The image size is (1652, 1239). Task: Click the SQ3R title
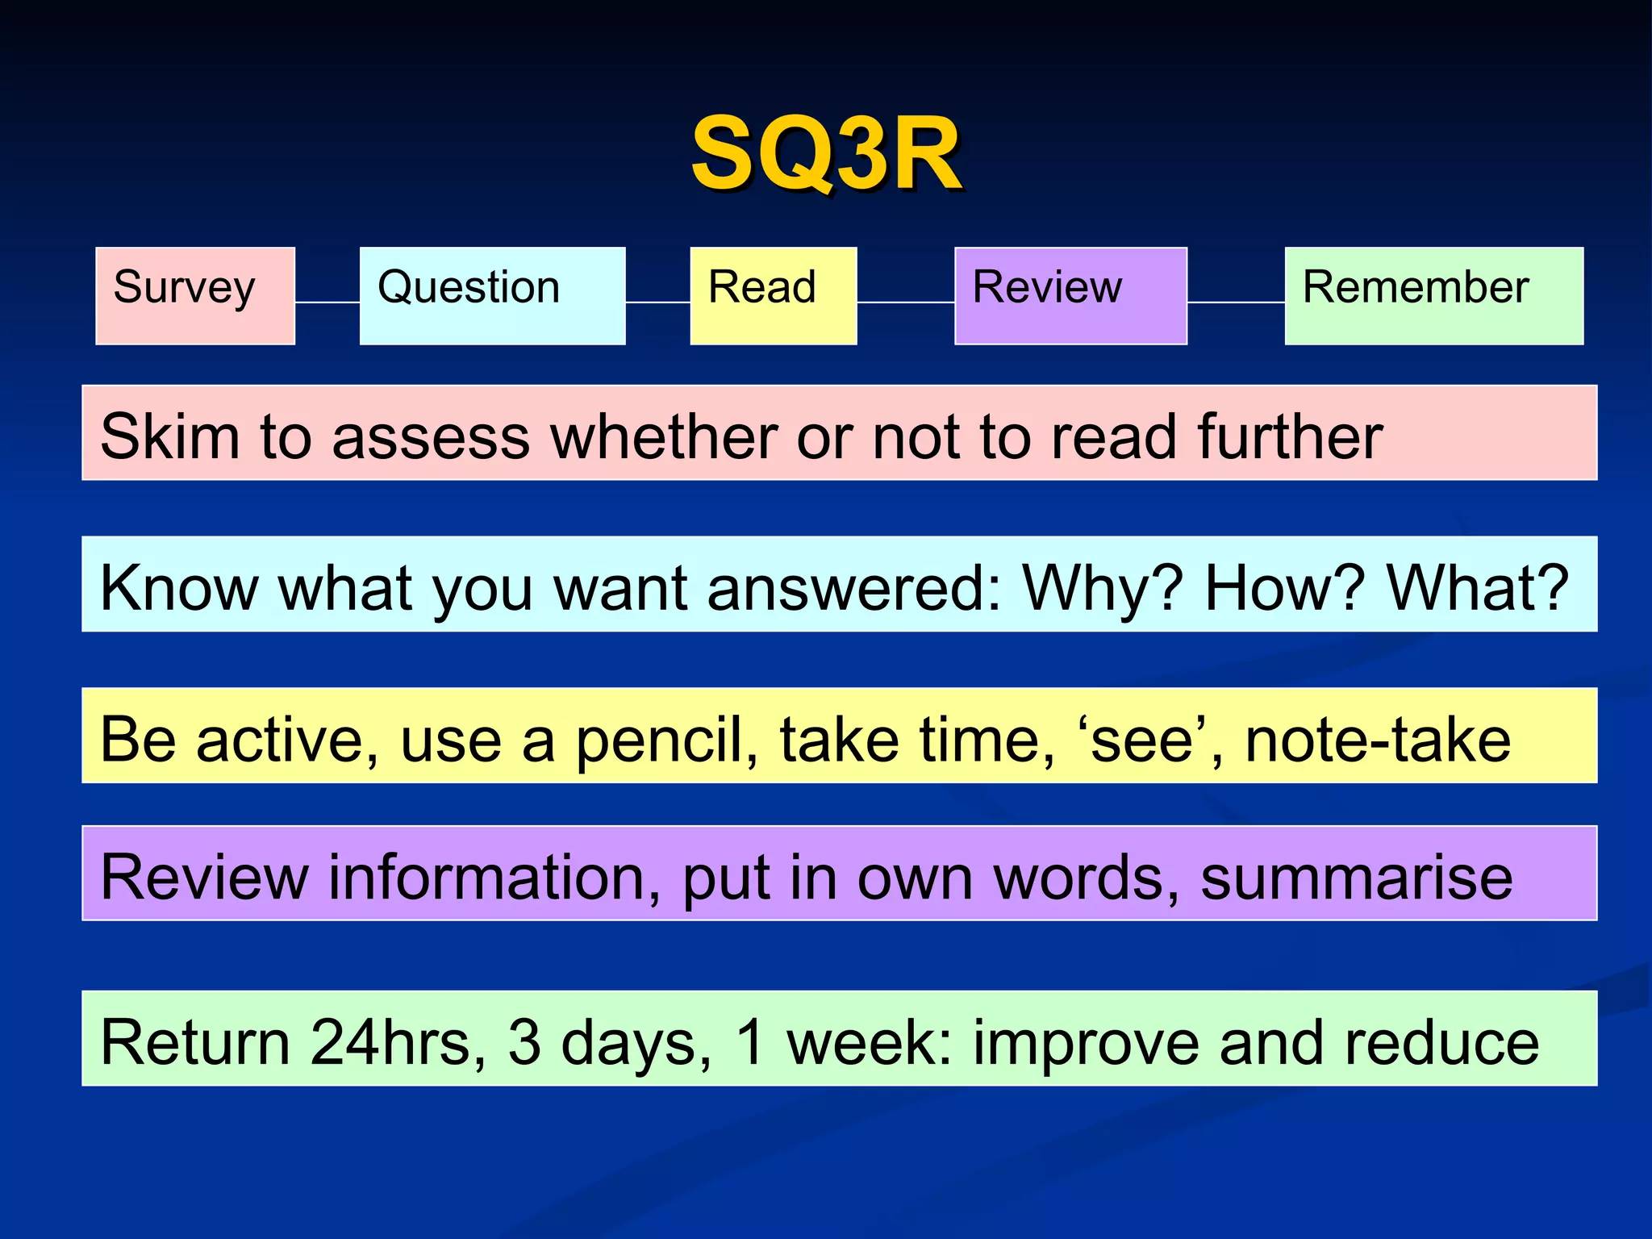826,153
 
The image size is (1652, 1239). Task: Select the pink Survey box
195,296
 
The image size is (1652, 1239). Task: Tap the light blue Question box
492,296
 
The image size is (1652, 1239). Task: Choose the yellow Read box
773,296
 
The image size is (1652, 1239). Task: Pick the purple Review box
1070,296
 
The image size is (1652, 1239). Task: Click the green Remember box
1433,296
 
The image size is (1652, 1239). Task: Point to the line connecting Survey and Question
327,302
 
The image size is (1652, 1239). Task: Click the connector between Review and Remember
1236,302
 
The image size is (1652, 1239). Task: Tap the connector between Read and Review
905,302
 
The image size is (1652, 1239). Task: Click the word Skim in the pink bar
170,436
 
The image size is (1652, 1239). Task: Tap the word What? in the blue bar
1477,587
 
